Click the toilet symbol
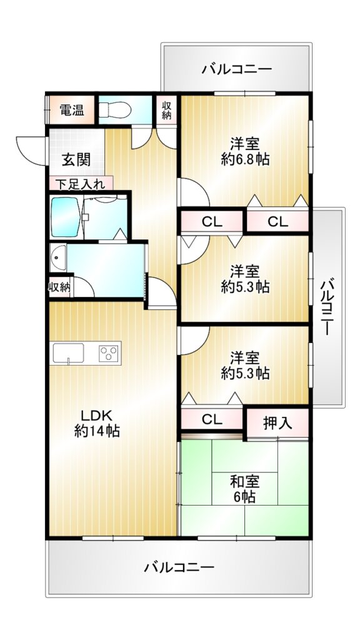(115, 109)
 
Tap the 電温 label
(72, 110)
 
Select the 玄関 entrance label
(76, 159)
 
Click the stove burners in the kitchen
(109, 352)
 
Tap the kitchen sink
(67, 352)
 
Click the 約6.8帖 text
(245, 159)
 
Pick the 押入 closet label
(277, 424)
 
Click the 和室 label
(245, 482)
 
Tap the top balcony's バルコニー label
(236, 69)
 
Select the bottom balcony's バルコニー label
(179, 567)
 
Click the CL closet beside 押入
(212, 419)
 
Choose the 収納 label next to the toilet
(166, 110)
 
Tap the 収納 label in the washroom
(59, 287)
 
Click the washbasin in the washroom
(58, 258)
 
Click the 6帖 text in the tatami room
(245, 496)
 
